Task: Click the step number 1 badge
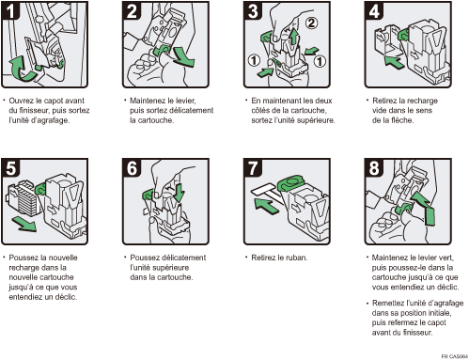[10, 10]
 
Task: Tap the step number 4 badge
[373, 10]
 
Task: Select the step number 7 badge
[253, 168]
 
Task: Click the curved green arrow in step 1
[22, 69]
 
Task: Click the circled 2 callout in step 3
[311, 23]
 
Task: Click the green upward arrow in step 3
[293, 37]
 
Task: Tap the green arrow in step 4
[395, 61]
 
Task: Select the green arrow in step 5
[24, 225]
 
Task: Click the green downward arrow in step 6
[179, 193]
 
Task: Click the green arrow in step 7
[266, 206]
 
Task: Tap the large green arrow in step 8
[425, 208]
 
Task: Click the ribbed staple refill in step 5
[24, 198]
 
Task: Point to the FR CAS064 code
[455, 356]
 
